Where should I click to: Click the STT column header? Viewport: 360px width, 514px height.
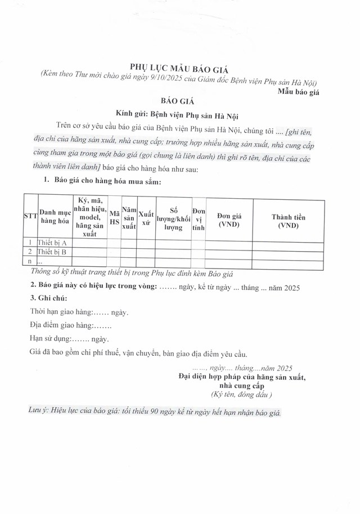[x=30, y=216]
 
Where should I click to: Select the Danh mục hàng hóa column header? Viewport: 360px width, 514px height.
[x=55, y=216]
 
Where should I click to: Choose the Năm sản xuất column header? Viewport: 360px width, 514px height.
[x=129, y=217]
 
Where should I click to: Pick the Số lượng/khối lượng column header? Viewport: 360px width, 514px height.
[x=173, y=217]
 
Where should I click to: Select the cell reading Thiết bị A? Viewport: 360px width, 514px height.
[x=52, y=243]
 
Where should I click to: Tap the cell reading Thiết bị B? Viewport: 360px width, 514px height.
[x=52, y=252]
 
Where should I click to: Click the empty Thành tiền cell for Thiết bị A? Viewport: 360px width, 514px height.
[x=288, y=243]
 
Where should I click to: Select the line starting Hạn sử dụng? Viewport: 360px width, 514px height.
[x=69, y=339]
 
